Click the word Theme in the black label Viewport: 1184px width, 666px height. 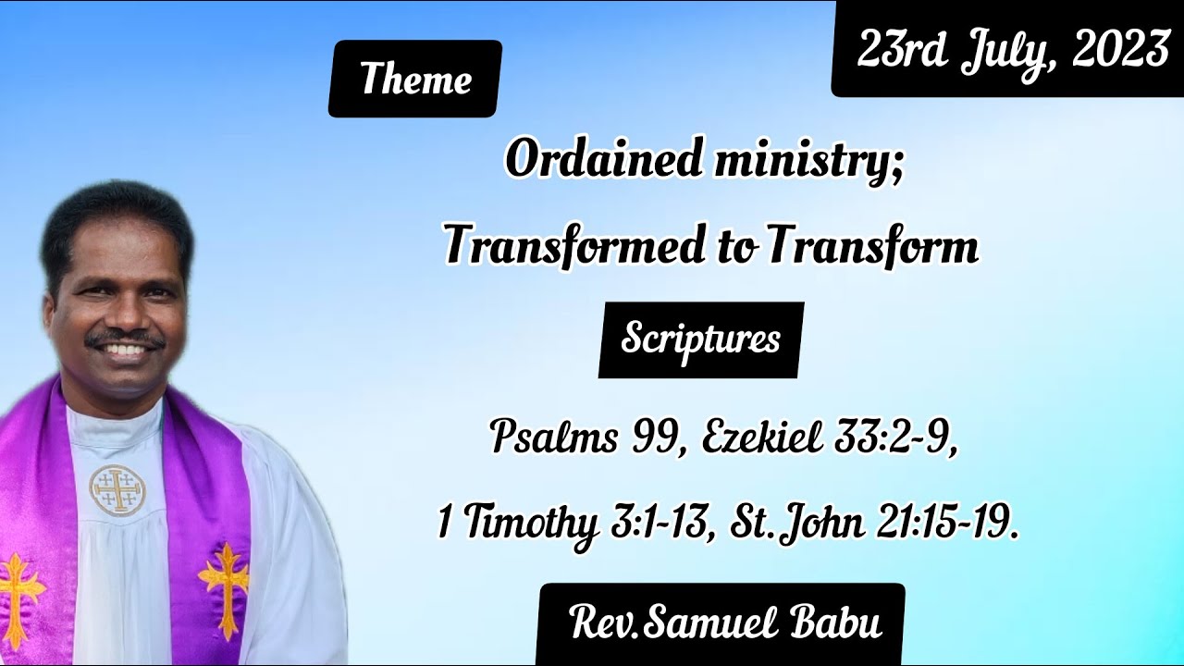(415, 79)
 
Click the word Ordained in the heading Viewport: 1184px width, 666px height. (604, 160)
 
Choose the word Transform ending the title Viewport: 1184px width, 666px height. (872, 247)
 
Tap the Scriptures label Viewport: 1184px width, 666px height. (700, 339)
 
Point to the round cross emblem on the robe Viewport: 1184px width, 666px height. (117, 489)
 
